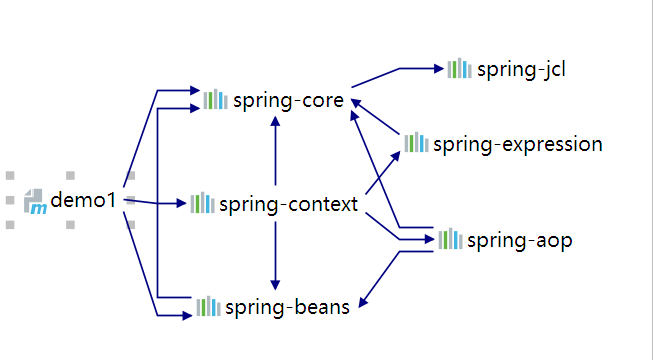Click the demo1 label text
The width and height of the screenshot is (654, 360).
[84, 200]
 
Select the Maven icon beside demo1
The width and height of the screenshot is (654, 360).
[36, 201]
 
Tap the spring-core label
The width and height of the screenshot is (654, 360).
[288, 100]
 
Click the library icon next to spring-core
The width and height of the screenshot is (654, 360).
[215, 99]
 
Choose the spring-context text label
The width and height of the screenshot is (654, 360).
[288, 204]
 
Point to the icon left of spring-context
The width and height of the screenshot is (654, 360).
[202, 203]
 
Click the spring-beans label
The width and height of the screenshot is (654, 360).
[287, 307]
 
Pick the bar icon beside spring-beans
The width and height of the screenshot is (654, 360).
[208, 306]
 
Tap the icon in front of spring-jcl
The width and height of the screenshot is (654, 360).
[459, 68]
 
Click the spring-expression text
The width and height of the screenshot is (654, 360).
[518, 144]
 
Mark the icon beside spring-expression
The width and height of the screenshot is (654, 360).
[416, 143]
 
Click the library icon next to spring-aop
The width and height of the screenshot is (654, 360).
[450, 239]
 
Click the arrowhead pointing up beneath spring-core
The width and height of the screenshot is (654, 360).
[275, 121]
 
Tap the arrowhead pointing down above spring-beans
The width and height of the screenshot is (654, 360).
[275, 285]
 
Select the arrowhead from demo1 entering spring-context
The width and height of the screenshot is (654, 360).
[181, 203]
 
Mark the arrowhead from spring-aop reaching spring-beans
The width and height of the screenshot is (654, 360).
[362, 302]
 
